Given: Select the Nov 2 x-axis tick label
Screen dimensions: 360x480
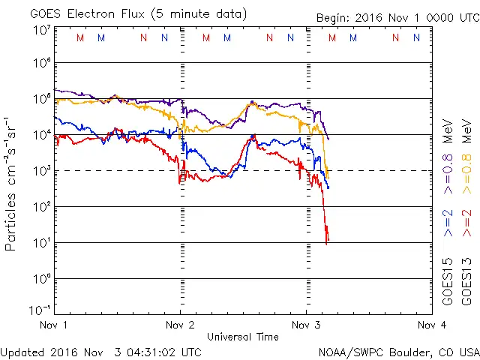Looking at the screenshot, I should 179,325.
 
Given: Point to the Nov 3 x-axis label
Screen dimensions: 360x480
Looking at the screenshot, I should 306,325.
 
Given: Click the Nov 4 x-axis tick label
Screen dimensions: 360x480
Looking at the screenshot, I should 431,325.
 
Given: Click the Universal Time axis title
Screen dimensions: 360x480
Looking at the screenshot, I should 242,337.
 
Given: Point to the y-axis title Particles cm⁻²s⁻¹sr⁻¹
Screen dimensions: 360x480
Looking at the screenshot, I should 12,183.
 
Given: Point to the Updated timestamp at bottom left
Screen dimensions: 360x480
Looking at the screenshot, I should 100,351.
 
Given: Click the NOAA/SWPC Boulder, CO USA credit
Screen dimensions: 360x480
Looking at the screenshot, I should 398,351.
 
